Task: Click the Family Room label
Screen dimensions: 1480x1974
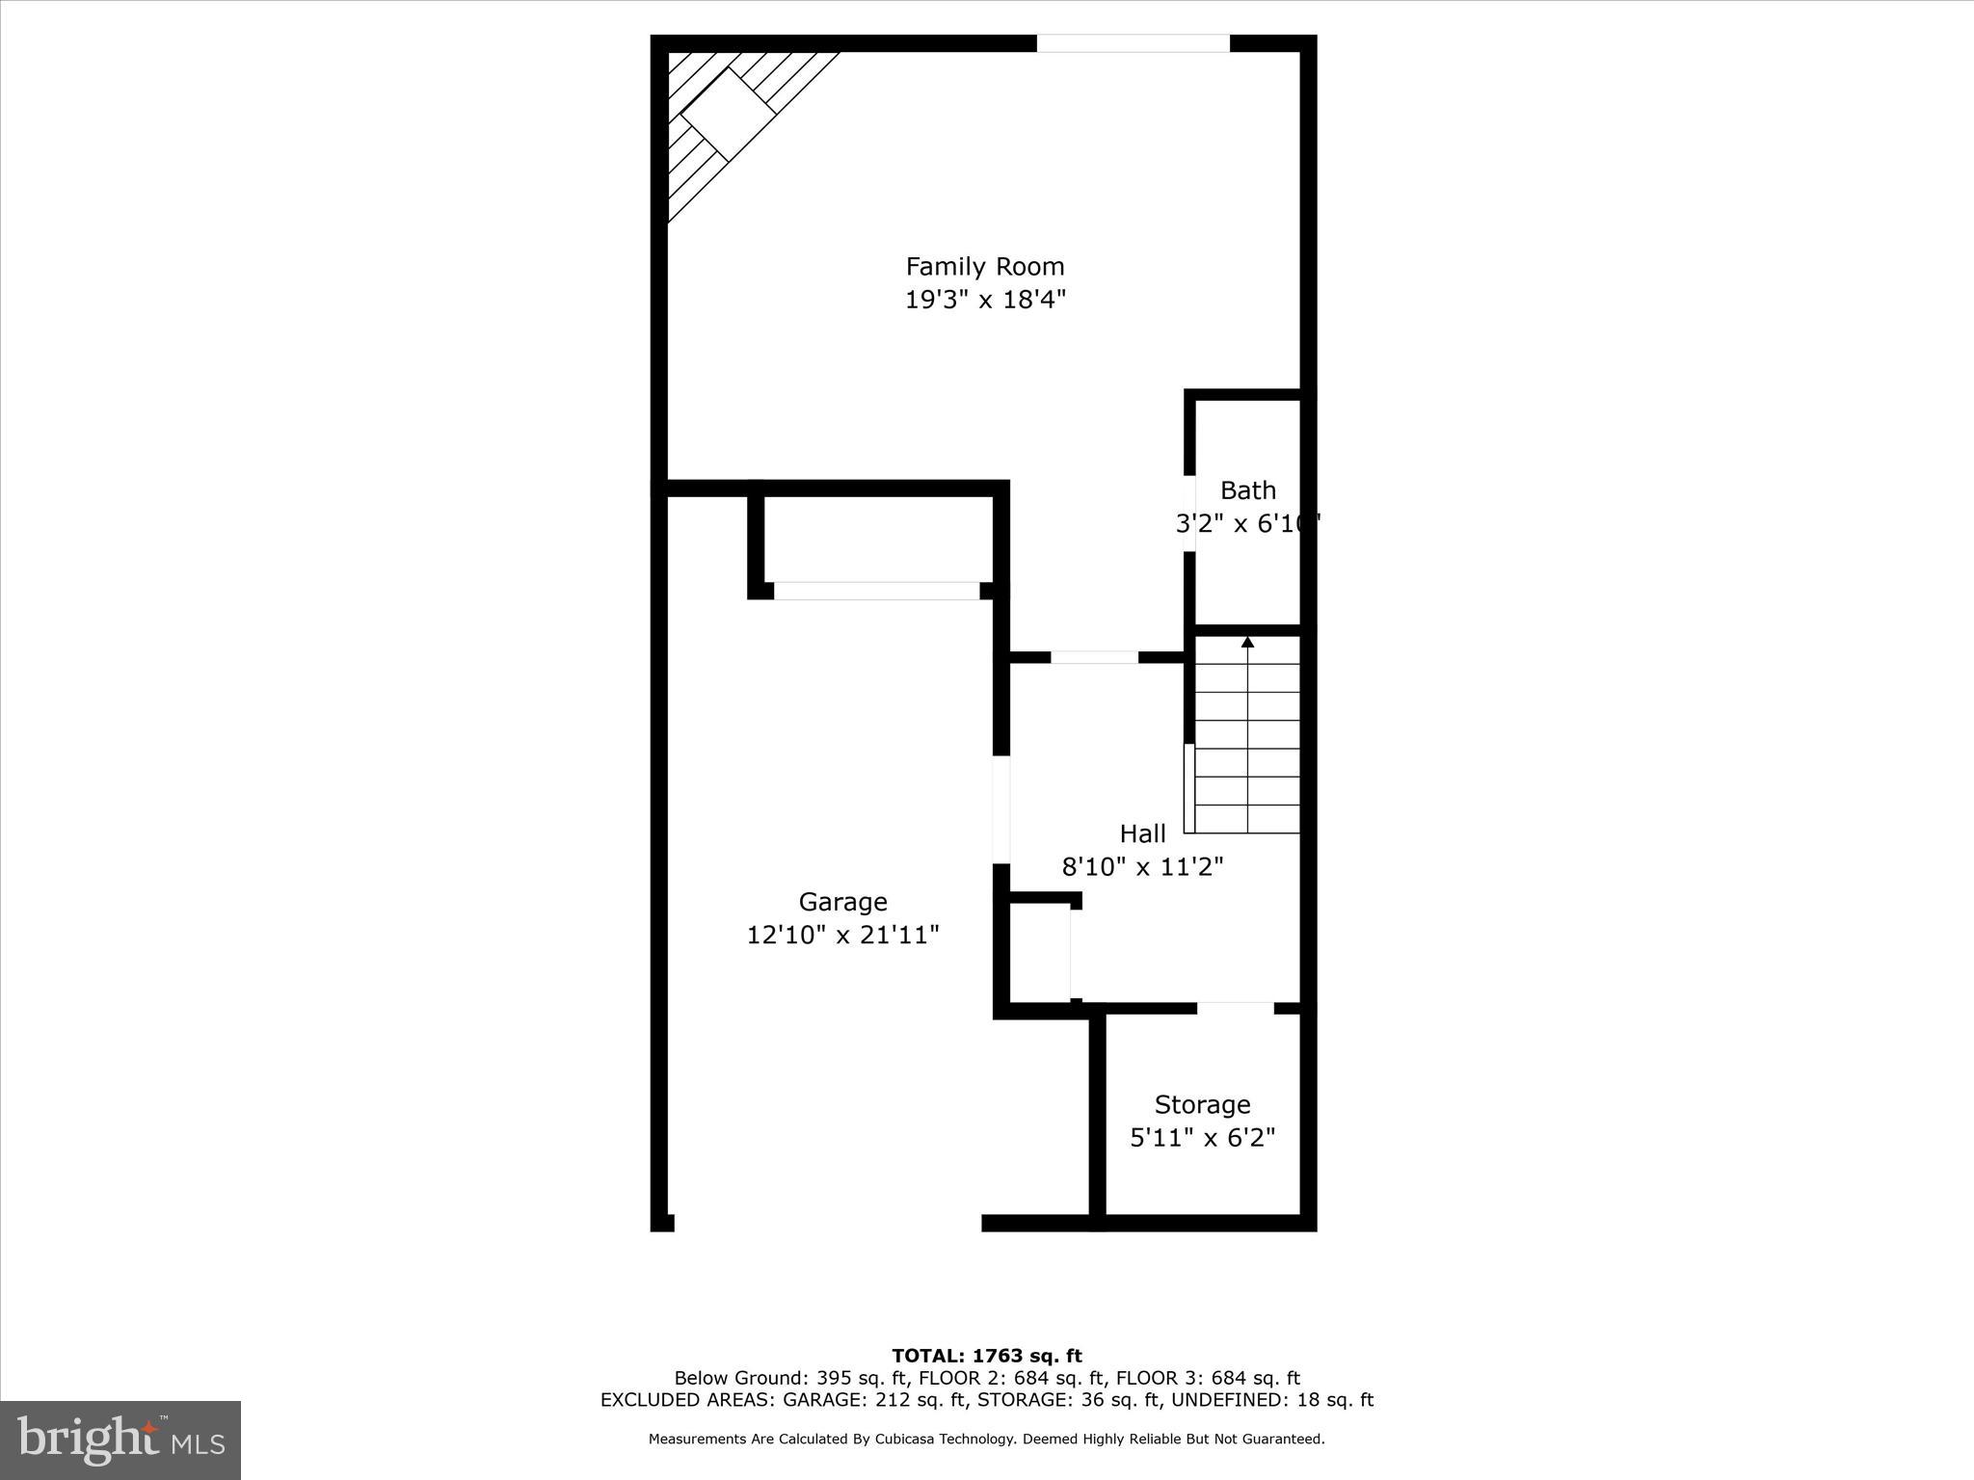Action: coord(984,266)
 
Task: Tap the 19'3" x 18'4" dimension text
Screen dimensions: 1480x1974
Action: coord(984,300)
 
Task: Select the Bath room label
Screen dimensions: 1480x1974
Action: coord(1247,490)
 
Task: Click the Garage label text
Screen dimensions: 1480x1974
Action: coord(842,902)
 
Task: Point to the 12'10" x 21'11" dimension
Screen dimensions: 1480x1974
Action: coord(842,935)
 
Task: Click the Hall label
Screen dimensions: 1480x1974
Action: coord(1142,833)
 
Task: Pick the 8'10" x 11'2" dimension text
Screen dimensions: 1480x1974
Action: coord(1142,867)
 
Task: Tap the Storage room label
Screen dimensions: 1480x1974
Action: coord(1202,1104)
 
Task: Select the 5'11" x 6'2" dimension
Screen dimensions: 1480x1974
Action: coord(1202,1138)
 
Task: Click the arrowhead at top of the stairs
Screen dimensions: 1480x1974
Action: coord(1247,642)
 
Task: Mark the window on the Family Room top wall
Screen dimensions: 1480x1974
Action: coord(1133,43)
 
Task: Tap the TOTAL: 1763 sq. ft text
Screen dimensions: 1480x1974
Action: coord(986,1356)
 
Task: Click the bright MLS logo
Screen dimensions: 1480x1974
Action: coord(120,1440)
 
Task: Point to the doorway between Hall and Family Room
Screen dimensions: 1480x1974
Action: coord(1094,657)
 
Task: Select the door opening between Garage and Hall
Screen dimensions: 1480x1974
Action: coord(1001,809)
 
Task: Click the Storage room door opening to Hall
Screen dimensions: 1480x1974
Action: coord(1236,1008)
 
